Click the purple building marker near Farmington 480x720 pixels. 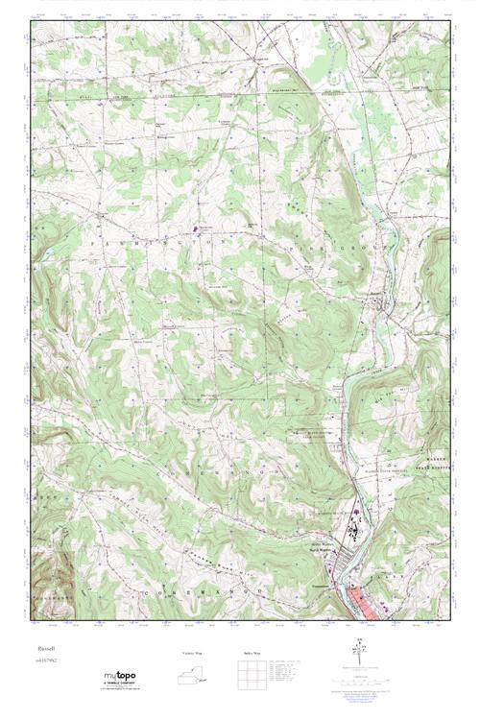pyautogui.click(x=198, y=228)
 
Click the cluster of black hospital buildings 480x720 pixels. pyautogui.click(x=355, y=533)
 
